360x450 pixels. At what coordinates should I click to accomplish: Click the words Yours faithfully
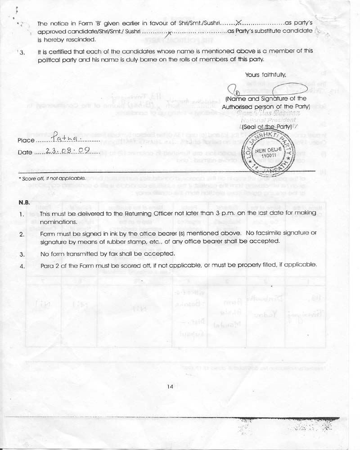point(265,74)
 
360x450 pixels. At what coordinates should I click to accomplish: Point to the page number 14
point(170,386)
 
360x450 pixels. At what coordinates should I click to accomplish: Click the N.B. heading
point(24,203)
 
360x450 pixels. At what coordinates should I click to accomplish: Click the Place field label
point(26,140)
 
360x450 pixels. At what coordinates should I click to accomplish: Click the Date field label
point(25,153)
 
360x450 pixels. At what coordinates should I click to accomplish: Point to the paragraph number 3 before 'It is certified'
point(22,52)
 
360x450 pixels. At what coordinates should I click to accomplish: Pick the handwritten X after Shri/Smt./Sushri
point(239,22)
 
